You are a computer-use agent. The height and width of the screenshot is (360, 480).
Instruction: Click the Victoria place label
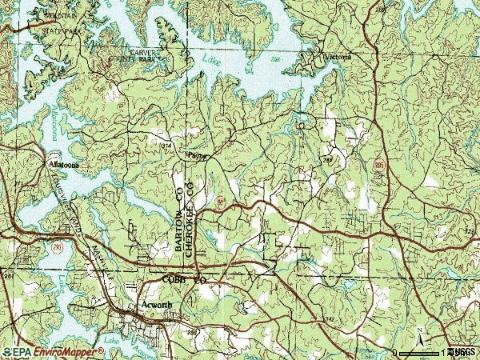[337, 58]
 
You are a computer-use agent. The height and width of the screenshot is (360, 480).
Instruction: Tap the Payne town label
[196, 156]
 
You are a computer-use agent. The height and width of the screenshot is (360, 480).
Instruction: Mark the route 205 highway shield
[378, 163]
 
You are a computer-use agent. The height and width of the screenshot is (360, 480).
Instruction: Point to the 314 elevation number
[166, 146]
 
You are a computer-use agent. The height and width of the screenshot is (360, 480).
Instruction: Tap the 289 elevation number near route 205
[328, 160]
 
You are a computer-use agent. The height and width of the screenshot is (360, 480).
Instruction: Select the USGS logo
[462, 351]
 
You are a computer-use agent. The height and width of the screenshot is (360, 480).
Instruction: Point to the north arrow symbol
[418, 333]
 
